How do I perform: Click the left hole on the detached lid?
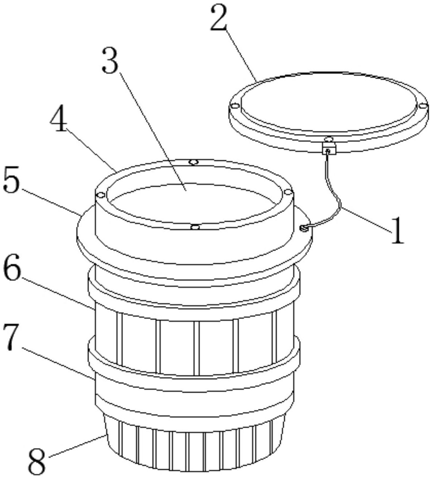235,105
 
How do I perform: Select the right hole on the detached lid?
423,105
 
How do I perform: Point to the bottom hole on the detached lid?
329,138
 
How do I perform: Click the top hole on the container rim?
193,162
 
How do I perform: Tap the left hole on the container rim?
101,195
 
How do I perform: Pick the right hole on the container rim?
288,191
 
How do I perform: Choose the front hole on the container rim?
195,227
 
